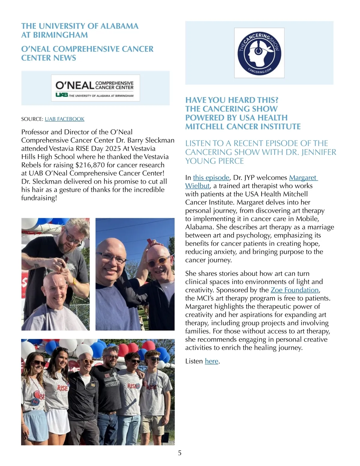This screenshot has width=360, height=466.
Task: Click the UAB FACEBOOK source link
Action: click(64, 119)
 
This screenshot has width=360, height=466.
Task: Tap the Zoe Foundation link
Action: click(294, 290)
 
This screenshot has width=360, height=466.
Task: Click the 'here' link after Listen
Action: click(211, 361)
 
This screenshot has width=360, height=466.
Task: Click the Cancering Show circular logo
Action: click(259, 53)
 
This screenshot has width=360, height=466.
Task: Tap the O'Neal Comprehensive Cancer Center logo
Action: click(95, 88)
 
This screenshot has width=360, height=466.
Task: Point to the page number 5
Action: click(180, 453)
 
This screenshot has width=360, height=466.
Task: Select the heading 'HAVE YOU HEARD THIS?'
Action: click(232, 100)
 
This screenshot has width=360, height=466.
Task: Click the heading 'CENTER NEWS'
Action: click(49, 58)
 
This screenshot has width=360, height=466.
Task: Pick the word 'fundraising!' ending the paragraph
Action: click(39, 198)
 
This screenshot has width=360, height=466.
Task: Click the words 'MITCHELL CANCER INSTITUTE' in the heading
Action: click(243, 127)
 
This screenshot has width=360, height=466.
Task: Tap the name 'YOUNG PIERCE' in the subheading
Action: click(214, 161)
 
